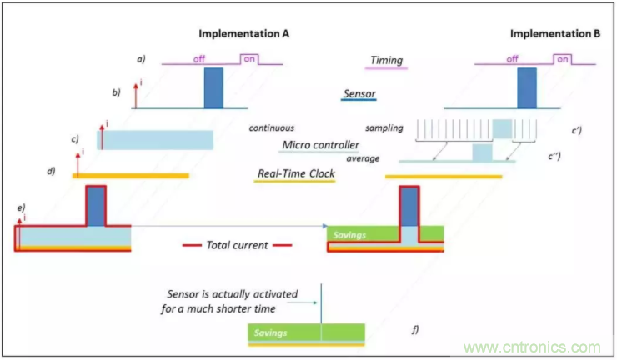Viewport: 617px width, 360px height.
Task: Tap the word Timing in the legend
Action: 387,60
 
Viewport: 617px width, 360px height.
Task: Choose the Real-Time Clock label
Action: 294,174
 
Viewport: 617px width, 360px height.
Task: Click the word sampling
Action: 384,128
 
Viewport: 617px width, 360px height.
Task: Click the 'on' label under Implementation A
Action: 249,59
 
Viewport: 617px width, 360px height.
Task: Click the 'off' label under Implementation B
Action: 511,59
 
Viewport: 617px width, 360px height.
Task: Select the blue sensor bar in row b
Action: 214,87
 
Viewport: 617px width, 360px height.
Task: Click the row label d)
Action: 53,172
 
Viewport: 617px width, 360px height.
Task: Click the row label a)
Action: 141,60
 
